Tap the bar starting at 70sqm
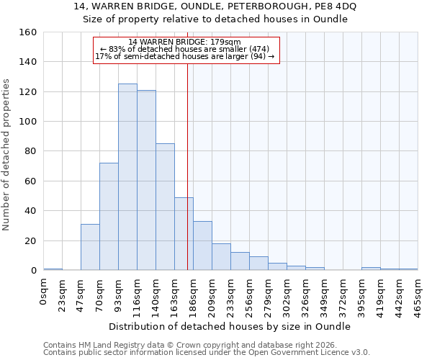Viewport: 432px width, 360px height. [x=109, y=217]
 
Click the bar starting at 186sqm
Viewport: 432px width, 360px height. [x=202, y=246]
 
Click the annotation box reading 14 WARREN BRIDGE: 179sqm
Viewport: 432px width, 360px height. [x=186, y=49]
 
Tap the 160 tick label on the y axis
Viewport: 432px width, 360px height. [x=28, y=32]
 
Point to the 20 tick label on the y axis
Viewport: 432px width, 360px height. [x=31, y=241]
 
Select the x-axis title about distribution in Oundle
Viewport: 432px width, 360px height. [x=230, y=326]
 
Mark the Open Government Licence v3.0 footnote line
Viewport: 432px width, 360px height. [x=206, y=352]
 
